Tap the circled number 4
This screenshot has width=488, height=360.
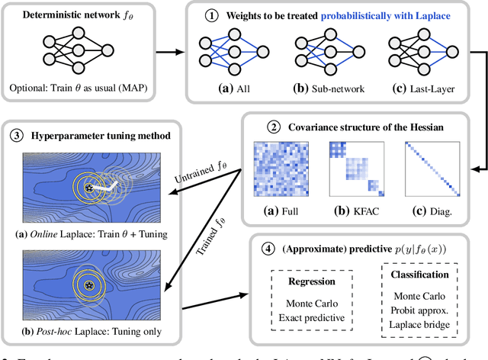(266, 249)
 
